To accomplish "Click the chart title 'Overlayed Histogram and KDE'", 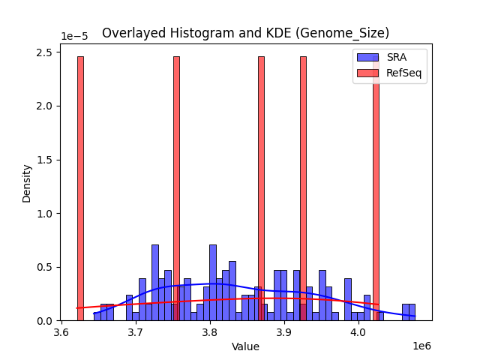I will (x=245, y=33).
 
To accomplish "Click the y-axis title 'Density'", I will (x=27, y=183).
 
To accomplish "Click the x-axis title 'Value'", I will (x=245, y=346).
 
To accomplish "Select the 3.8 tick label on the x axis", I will (x=210, y=331).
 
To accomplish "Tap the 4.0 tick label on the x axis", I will (x=358, y=331).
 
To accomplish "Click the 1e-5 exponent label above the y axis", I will (x=74, y=37).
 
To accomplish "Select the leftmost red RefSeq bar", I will (x=80, y=187).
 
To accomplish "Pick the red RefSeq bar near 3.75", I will (x=176, y=187).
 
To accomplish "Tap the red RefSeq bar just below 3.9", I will (x=261, y=187).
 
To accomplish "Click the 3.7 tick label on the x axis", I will (x=135, y=331).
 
